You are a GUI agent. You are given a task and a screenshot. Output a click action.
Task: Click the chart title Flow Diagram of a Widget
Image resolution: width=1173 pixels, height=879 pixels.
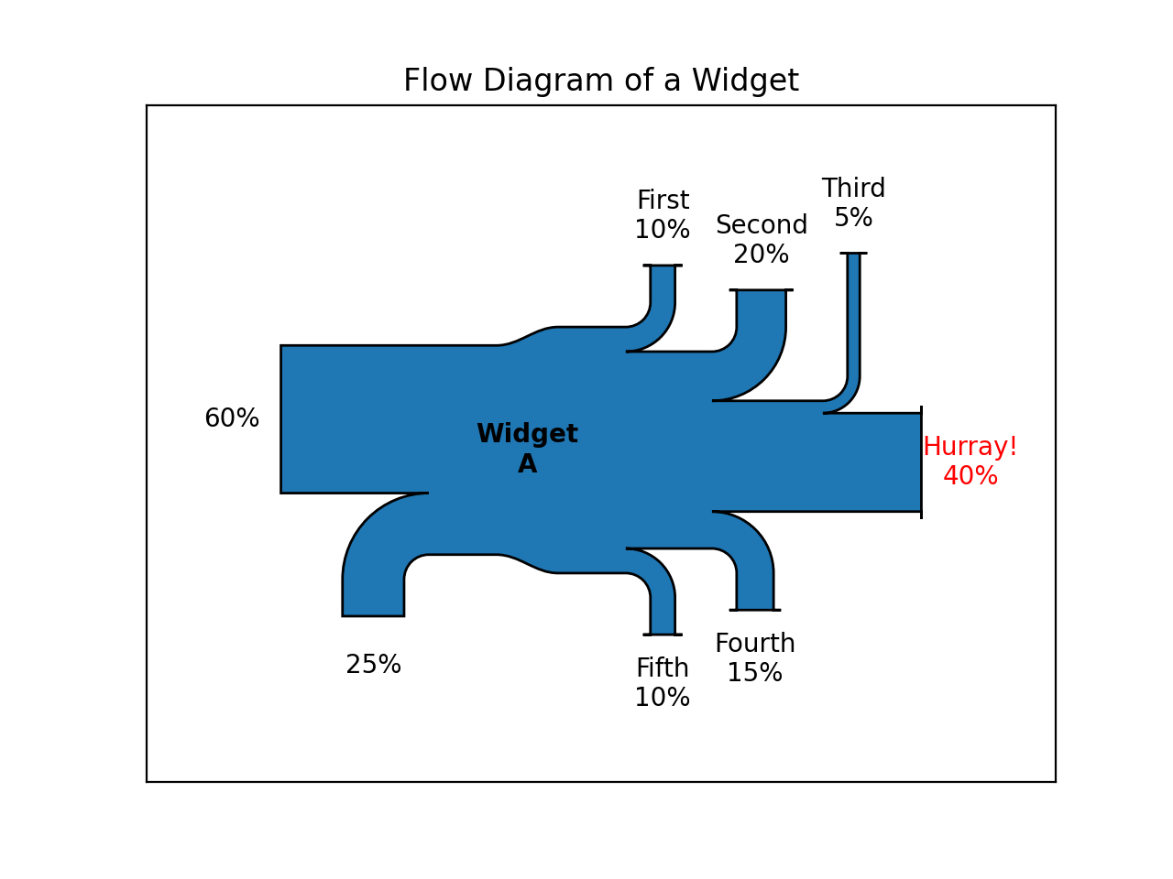(600, 81)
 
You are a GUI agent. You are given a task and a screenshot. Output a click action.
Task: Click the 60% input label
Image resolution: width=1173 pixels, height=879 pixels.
(232, 419)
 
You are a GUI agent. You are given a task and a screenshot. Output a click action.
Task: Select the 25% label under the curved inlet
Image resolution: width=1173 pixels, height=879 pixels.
(373, 666)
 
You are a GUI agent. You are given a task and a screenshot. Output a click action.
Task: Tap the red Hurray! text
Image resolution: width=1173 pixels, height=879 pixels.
(970, 448)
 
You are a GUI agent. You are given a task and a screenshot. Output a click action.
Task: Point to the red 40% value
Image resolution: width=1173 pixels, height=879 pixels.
(970, 477)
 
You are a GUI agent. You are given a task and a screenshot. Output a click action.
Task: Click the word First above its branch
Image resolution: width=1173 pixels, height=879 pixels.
(663, 201)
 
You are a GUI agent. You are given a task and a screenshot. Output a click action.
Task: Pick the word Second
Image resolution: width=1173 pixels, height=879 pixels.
(762, 226)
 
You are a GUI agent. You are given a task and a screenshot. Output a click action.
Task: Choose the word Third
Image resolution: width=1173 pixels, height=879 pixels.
(853, 190)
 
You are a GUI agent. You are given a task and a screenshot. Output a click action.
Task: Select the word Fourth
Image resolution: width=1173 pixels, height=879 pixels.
(755, 645)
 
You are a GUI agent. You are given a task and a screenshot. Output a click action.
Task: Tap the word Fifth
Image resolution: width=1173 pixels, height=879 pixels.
(663, 669)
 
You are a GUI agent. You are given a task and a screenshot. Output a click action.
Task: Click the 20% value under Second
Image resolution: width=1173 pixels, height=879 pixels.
(762, 255)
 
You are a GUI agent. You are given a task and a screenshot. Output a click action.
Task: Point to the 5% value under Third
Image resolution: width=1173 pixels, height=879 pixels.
(853, 219)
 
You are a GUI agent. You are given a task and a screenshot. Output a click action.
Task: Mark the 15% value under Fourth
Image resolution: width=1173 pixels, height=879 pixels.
(755, 674)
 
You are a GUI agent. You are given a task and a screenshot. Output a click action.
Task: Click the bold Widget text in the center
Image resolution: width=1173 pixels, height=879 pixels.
(527, 435)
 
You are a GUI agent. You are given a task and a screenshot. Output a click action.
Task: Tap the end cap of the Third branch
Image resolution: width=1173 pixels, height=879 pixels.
(853, 254)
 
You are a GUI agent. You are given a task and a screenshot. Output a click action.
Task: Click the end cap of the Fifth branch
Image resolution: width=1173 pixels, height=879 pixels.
(663, 634)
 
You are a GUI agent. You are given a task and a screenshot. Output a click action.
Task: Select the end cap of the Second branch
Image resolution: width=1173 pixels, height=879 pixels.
(762, 290)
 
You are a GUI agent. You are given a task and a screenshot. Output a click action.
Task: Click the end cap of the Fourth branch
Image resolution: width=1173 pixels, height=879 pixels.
(755, 609)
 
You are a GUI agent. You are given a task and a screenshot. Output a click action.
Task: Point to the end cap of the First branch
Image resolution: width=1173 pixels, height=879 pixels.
(663, 266)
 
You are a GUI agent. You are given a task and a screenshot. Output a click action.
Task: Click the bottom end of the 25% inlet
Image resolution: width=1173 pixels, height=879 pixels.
(373, 614)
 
